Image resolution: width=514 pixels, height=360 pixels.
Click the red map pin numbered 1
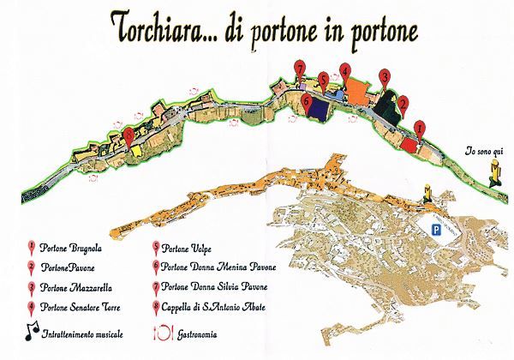tap(419, 129)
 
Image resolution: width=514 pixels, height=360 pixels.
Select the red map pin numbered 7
tap(299, 69)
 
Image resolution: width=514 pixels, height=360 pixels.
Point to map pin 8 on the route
tap(128, 135)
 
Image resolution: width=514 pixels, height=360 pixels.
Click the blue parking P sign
tap(436, 230)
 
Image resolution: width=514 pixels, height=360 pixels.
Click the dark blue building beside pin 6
tap(321, 110)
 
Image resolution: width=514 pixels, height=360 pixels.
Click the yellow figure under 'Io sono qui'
tap(493, 176)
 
